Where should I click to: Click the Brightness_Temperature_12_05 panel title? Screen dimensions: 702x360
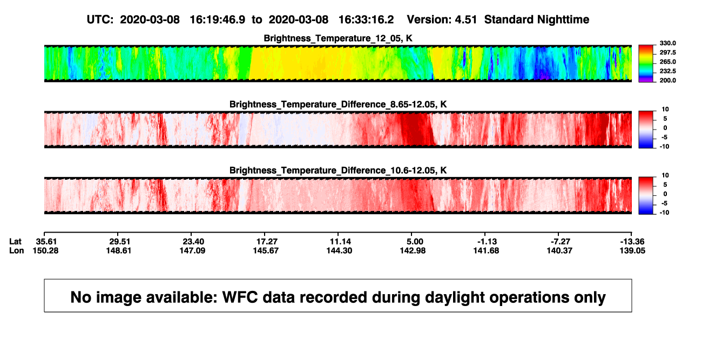click(x=338, y=38)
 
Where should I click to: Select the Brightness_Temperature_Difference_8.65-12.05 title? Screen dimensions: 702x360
click(x=338, y=104)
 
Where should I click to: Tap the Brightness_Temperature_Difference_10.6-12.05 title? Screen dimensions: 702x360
click(x=338, y=171)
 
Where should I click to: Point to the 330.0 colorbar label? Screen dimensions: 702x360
click(x=667, y=43)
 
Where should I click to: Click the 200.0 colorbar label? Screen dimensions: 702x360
click(x=667, y=80)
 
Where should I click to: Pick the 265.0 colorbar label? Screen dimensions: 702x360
click(x=667, y=62)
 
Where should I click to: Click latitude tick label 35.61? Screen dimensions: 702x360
click(x=46, y=242)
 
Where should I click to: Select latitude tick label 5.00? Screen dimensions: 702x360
click(x=415, y=242)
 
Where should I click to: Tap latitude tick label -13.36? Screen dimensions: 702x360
click(x=632, y=242)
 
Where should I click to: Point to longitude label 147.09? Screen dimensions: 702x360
click(x=192, y=250)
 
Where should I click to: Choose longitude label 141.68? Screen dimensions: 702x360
click(x=486, y=250)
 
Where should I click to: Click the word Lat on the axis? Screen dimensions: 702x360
click(x=15, y=242)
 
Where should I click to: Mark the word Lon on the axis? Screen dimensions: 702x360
click(x=16, y=250)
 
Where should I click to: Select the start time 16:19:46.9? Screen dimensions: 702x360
click(x=218, y=19)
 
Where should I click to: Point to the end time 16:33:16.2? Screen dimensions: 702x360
click(x=366, y=19)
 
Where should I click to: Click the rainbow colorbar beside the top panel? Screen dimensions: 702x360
click(x=646, y=64)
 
